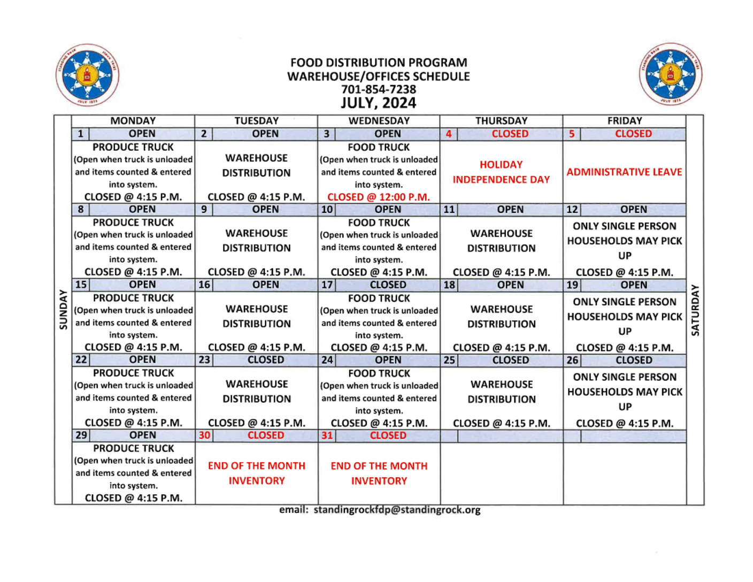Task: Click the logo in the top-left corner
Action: click(x=87, y=75)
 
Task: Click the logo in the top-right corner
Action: click(x=670, y=74)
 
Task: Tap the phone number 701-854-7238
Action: click(x=378, y=89)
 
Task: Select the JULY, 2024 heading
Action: click(x=378, y=103)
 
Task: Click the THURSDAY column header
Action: click(x=501, y=121)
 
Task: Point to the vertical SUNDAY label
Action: click(x=63, y=310)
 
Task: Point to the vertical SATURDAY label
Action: click(x=695, y=310)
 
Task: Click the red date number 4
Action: click(x=449, y=134)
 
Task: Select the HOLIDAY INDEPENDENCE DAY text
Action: click(x=501, y=172)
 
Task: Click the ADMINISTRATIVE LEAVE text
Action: click(x=624, y=172)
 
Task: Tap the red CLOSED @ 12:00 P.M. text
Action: click(x=378, y=197)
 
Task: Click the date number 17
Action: click(x=327, y=285)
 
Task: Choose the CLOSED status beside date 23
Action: click(x=265, y=360)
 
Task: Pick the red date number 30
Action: click(x=204, y=435)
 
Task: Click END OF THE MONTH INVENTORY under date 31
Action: click(x=379, y=473)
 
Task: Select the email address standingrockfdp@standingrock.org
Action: click(x=397, y=510)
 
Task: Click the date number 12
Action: click(x=572, y=210)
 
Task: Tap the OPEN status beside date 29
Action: click(x=142, y=435)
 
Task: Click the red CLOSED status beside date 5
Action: click(x=633, y=134)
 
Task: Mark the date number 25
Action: click(x=449, y=361)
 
